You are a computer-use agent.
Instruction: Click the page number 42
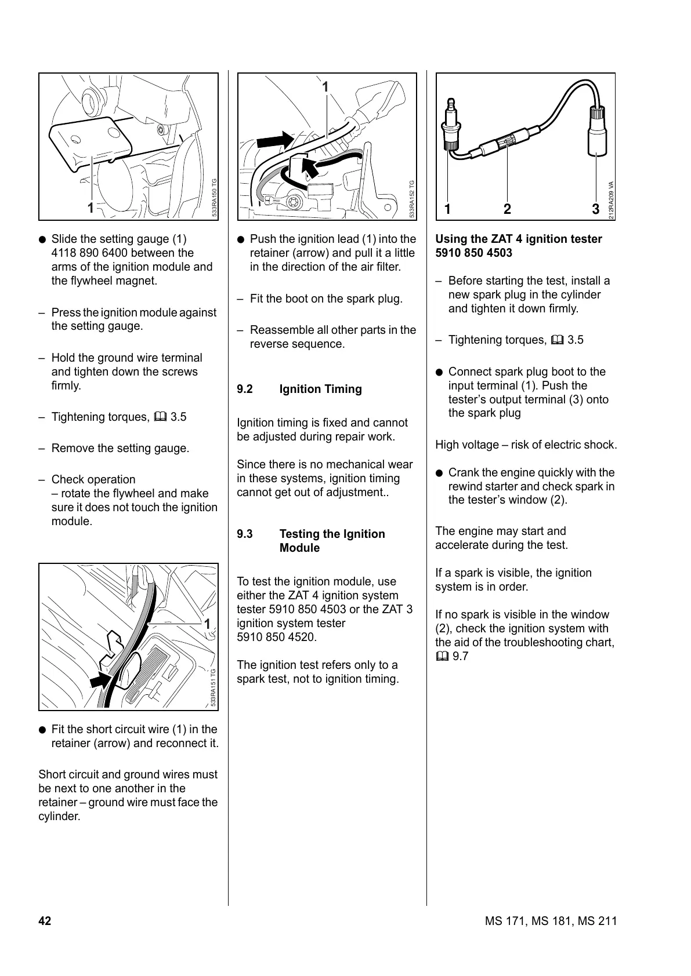click(x=45, y=921)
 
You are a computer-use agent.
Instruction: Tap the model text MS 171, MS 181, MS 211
click(x=551, y=921)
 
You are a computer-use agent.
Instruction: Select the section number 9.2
click(x=245, y=389)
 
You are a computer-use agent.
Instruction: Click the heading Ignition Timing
click(x=320, y=389)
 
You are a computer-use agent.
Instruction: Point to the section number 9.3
click(x=245, y=534)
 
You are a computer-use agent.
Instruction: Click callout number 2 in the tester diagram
click(x=507, y=209)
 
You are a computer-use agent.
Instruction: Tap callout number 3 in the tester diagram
click(x=596, y=209)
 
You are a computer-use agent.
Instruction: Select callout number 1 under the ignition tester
click(x=448, y=209)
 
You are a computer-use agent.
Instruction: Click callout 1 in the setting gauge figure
click(x=91, y=207)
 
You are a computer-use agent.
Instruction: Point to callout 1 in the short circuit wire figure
click(x=207, y=624)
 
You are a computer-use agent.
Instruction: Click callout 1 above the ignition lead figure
click(x=325, y=87)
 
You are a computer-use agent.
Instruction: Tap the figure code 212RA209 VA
click(x=611, y=201)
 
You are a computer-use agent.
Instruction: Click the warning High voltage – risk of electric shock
click(x=526, y=445)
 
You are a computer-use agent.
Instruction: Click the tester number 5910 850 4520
click(x=276, y=637)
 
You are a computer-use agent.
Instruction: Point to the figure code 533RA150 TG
click(x=214, y=198)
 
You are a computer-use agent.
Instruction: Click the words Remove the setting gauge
click(x=120, y=448)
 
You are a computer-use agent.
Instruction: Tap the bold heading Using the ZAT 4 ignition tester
click(x=518, y=239)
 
